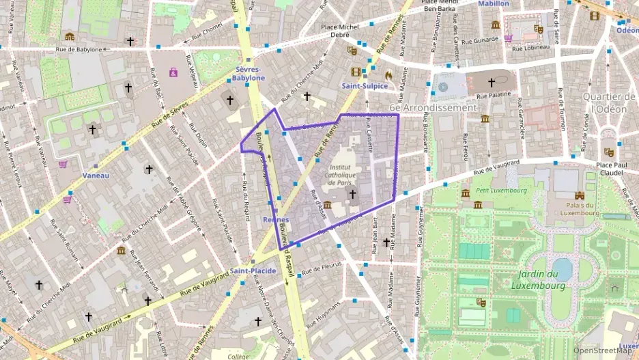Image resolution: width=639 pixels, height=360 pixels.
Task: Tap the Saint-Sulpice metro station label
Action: [365, 86]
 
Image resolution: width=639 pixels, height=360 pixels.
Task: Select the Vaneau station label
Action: [96, 175]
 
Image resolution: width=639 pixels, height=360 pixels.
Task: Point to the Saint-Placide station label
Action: [253, 271]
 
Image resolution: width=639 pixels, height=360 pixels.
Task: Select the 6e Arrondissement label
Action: [433, 108]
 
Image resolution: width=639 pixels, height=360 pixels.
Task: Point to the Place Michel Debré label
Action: [340, 31]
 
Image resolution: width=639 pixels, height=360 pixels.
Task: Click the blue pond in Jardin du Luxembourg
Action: [561, 268]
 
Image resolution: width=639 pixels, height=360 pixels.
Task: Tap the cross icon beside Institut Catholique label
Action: [352, 195]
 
